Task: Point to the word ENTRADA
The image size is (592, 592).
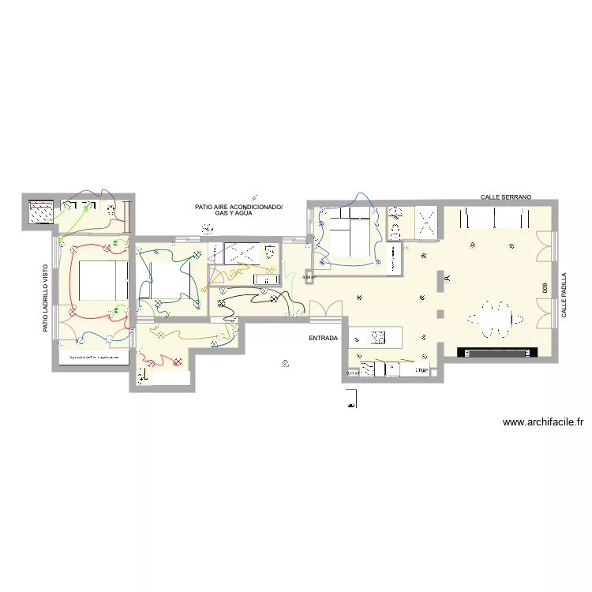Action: [x=324, y=338]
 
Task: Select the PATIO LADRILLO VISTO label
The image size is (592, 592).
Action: [x=46, y=297]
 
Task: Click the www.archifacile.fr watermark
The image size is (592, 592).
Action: [x=542, y=422]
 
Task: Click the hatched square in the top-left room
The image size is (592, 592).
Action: [x=41, y=212]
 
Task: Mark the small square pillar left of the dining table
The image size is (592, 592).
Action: [x=440, y=315]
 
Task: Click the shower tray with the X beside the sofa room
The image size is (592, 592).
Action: [x=429, y=221]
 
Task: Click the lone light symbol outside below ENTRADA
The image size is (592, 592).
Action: [x=285, y=363]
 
